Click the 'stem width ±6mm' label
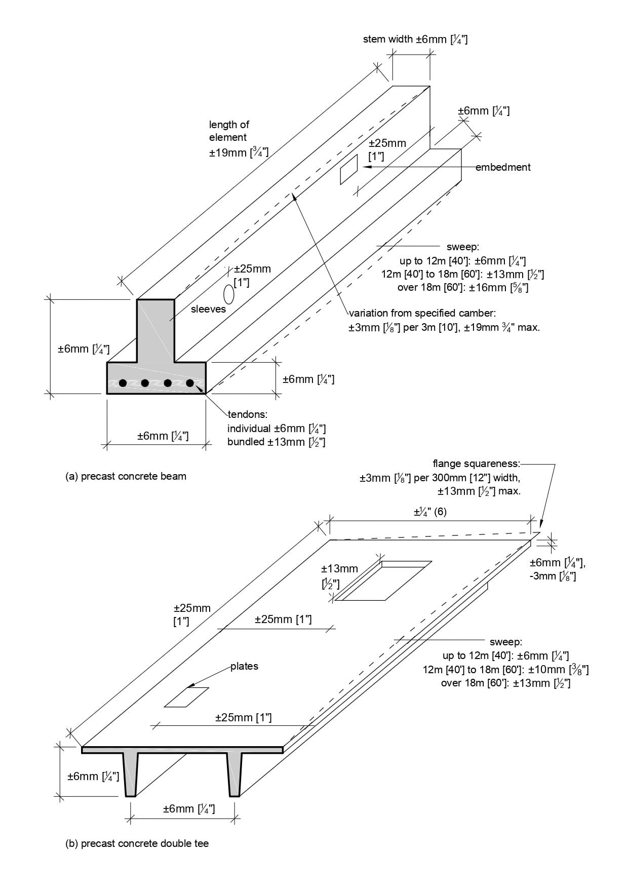pyautogui.click(x=415, y=39)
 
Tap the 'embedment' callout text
pyautogui.click(x=502, y=167)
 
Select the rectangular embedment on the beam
pyautogui.click(x=348, y=169)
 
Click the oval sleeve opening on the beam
pyautogui.click(x=229, y=293)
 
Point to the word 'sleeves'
pyautogui.click(x=208, y=309)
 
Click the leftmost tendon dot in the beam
pyautogui.click(x=123, y=383)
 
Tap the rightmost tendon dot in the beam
pyautogui.click(x=190, y=383)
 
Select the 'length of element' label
pyautogui.click(x=229, y=131)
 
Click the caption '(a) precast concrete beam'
pyautogui.click(x=126, y=476)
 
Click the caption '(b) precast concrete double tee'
pyautogui.click(x=137, y=843)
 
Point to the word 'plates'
pyautogui.click(x=244, y=666)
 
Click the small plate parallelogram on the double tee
pyautogui.click(x=186, y=697)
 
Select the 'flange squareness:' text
pyautogui.click(x=476, y=463)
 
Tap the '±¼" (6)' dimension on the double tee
pyautogui.click(x=430, y=512)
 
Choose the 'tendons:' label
pyautogui.click(x=247, y=415)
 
